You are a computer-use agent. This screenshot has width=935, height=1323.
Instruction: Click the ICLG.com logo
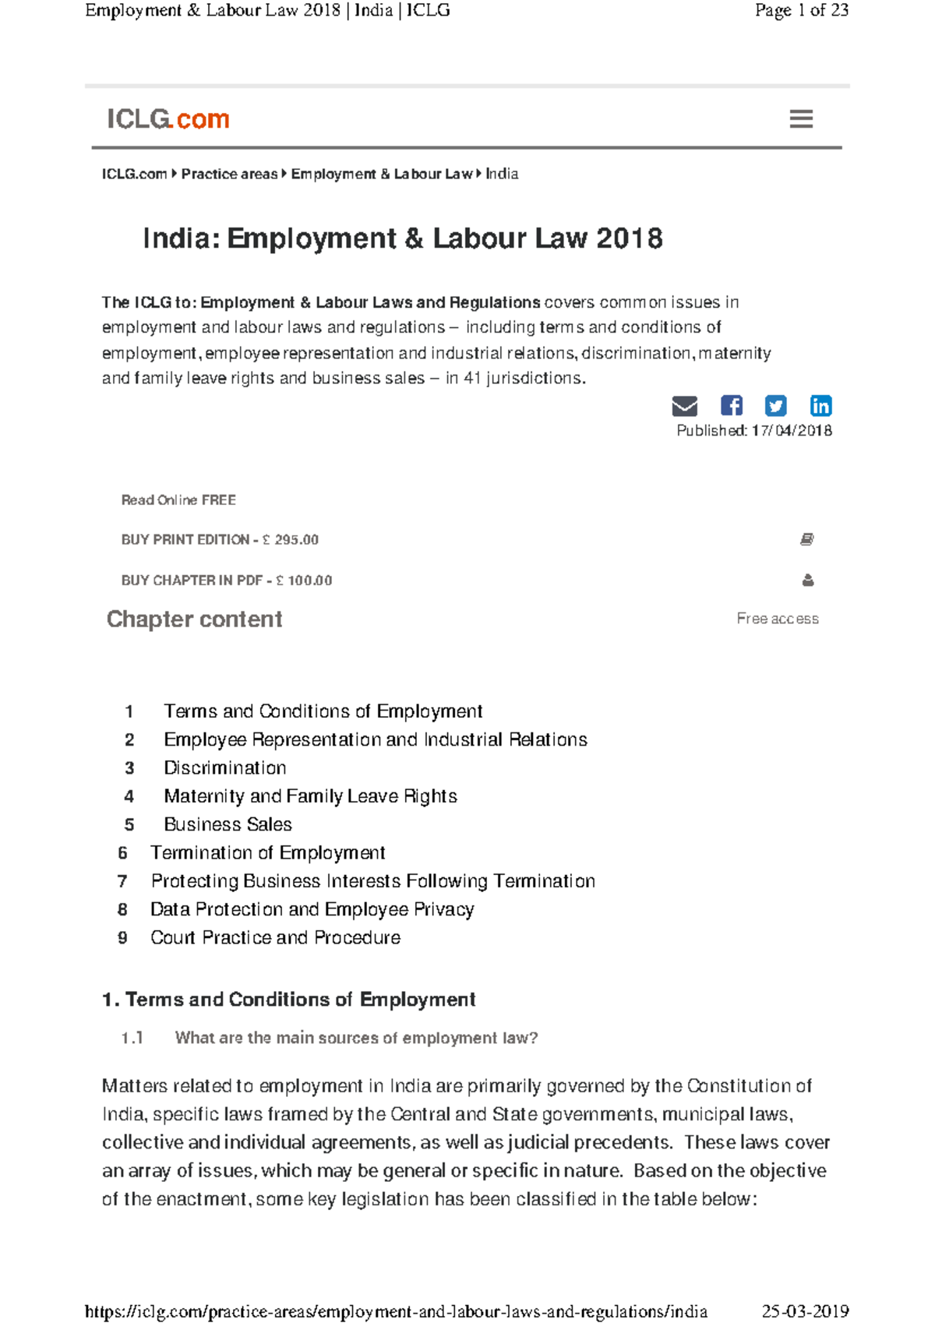(x=168, y=119)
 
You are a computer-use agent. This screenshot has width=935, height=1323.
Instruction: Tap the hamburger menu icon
(x=801, y=119)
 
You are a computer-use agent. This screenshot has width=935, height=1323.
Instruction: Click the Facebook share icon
(x=731, y=405)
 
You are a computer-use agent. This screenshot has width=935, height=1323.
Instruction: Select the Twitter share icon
(x=775, y=405)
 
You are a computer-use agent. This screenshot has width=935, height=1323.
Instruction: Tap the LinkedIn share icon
(x=820, y=405)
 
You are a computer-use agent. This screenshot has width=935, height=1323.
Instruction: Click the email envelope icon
(x=684, y=406)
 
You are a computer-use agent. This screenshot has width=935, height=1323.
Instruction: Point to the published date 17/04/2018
(x=792, y=431)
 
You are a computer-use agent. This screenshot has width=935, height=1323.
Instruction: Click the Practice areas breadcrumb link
(x=229, y=174)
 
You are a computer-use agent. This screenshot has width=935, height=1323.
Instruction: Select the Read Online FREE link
(x=178, y=500)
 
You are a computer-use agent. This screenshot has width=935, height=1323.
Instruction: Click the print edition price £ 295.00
(x=291, y=540)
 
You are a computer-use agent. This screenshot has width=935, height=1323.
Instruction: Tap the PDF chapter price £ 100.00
(x=304, y=580)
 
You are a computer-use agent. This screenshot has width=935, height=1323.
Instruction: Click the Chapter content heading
(x=194, y=619)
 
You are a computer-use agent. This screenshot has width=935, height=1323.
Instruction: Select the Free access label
(x=777, y=619)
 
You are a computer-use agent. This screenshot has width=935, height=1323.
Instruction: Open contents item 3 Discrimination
(x=224, y=768)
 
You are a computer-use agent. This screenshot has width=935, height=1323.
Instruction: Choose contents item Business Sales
(x=228, y=824)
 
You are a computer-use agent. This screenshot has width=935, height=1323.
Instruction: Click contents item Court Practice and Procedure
(x=275, y=937)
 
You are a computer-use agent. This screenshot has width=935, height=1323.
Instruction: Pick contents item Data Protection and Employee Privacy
(x=312, y=909)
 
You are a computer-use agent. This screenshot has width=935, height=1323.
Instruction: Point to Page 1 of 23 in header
(x=801, y=10)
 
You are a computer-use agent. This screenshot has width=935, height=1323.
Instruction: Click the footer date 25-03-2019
(x=805, y=1311)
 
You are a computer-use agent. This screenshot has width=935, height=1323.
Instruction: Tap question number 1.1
(x=132, y=1038)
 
